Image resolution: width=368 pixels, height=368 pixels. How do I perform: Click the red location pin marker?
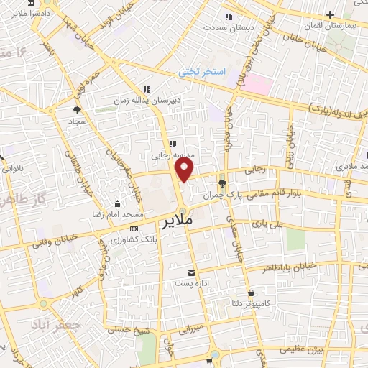pos(185,170)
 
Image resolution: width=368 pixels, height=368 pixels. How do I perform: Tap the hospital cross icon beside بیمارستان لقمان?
pos(330,14)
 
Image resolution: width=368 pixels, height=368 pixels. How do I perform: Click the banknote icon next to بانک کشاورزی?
pos(133,228)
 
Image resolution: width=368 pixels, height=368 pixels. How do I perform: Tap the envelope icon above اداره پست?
pos(191,273)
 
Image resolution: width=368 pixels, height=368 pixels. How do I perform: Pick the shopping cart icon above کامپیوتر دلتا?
pos(251,293)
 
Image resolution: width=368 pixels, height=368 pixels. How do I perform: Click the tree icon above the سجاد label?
pos(77,109)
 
